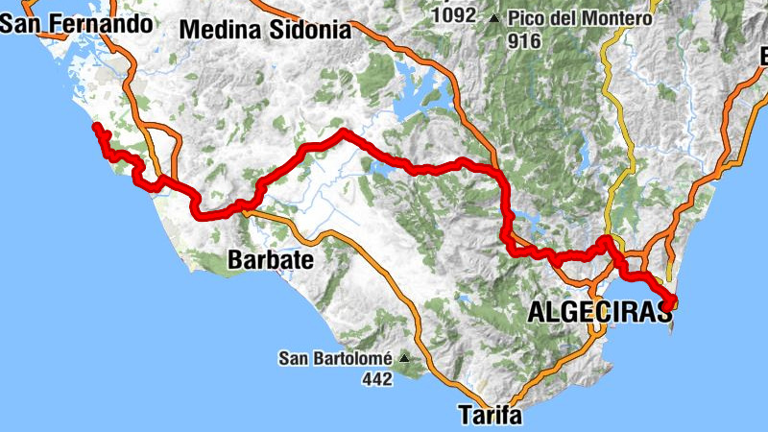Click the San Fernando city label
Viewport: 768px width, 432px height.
coord(77,23)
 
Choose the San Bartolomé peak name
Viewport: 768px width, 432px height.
coord(335,359)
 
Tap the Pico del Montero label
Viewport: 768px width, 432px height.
coord(580,18)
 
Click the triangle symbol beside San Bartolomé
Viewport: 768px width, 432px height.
coord(404,359)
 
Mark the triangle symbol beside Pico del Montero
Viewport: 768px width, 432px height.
coord(494,18)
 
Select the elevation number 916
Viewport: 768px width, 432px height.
coord(526,40)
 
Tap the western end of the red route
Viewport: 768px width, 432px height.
coord(95,127)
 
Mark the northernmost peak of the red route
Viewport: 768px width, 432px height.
coord(342,132)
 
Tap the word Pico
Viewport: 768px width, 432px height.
coord(526,18)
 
